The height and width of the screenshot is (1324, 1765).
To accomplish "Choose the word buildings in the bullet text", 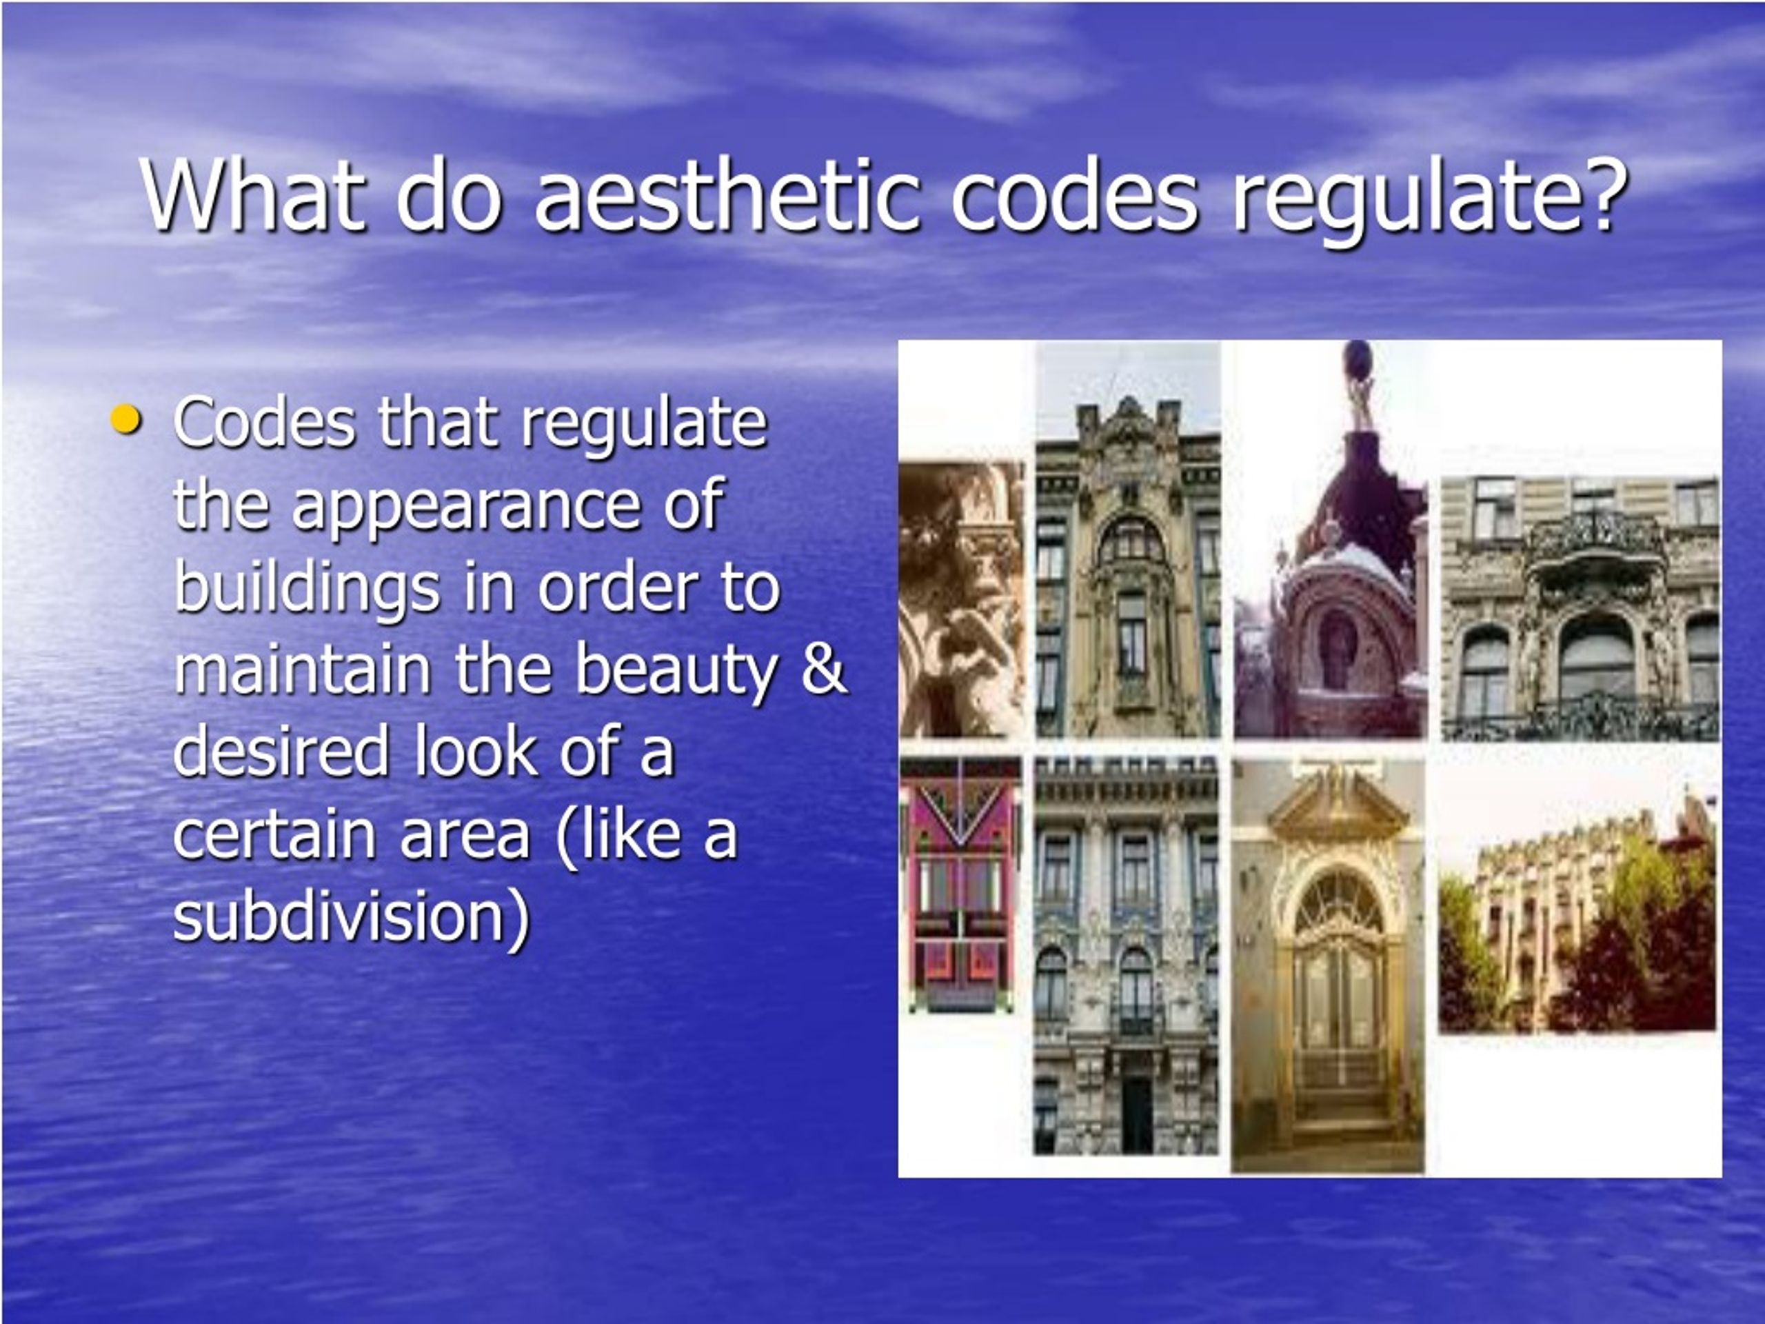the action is click(307, 589).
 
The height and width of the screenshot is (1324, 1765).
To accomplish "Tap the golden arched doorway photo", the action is click(1329, 965).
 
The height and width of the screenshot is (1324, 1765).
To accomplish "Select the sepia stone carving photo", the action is click(962, 599).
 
